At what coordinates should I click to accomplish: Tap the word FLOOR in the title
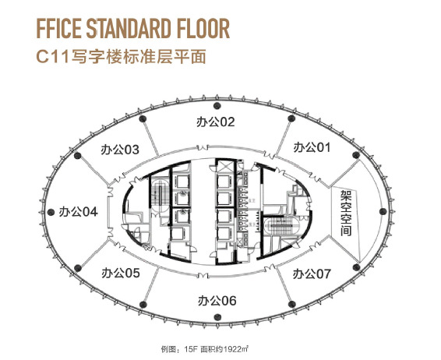click(x=200, y=30)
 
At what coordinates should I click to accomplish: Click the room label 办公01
click(x=312, y=146)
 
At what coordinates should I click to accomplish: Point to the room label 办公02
click(x=216, y=122)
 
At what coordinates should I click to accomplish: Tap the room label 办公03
click(x=120, y=149)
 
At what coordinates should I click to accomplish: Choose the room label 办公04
click(x=78, y=211)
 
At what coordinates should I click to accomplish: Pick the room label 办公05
click(x=120, y=273)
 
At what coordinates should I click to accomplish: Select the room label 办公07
click(x=312, y=274)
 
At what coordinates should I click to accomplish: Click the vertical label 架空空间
click(x=346, y=214)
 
